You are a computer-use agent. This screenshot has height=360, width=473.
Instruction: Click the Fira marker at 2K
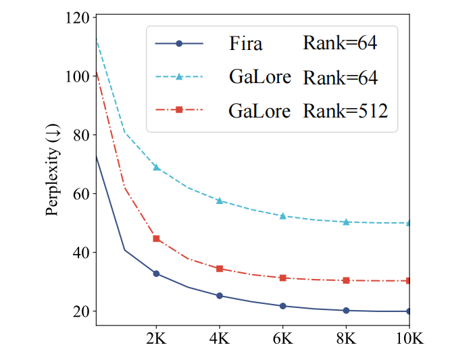click(x=157, y=274)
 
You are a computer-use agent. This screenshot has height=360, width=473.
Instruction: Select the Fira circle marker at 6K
click(x=283, y=306)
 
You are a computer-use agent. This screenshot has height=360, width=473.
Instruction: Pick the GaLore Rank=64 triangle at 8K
click(x=346, y=222)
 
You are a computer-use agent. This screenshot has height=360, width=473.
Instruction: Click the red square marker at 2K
click(x=157, y=238)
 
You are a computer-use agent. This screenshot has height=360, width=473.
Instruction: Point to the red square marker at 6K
click(x=283, y=278)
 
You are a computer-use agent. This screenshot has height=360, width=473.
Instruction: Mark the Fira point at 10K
click(x=409, y=311)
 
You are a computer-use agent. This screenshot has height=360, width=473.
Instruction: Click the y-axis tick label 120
click(x=76, y=18)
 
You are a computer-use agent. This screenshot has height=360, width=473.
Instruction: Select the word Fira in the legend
click(x=245, y=45)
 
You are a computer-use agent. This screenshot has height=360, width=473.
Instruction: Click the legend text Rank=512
click(x=345, y=109)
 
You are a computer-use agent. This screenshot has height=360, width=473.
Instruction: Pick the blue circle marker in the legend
click(x=179, y=44)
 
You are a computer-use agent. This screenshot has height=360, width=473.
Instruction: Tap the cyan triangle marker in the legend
click(x=179, y=76)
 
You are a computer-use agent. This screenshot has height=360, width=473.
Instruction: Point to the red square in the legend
click(x=179, y=109)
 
